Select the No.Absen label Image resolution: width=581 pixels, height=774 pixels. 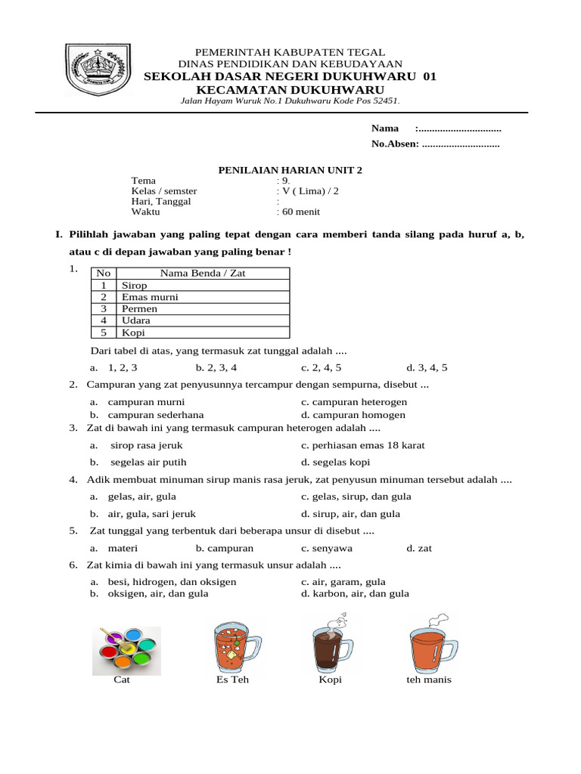pos(394,144)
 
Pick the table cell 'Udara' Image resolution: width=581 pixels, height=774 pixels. pos(135,320)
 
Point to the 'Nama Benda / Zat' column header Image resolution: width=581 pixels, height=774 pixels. pos(203,274)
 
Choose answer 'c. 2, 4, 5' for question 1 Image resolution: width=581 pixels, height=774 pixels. pos(322,368)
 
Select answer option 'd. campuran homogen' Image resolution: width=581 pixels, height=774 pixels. pos(353,415)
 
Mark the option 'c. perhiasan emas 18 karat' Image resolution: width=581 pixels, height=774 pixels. pos(362,445)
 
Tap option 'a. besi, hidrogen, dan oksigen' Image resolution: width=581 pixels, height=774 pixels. pos(163,581)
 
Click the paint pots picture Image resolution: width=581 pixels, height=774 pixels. pos(126,649)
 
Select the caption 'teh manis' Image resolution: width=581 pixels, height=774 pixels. pos(428,680)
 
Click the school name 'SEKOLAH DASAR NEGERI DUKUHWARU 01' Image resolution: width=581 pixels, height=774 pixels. pos(290,77)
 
